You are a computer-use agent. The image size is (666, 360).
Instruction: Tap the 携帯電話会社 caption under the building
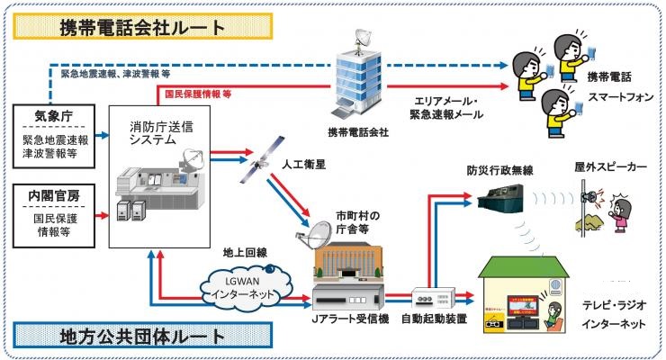pyautogui.click(x=358, y=132)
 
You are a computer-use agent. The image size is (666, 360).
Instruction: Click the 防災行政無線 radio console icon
pyautogui.click(x=491, y=202)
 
